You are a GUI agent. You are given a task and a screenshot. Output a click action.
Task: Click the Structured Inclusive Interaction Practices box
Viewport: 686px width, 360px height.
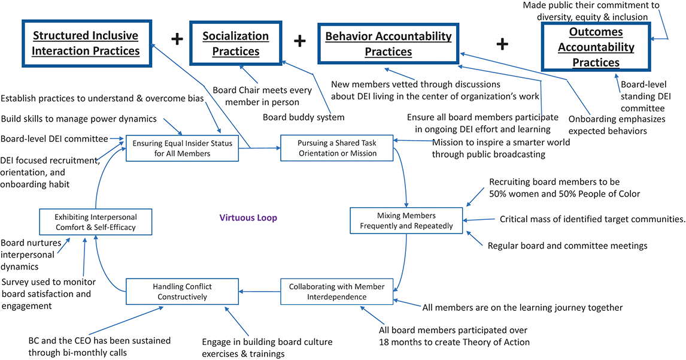coord(85,43)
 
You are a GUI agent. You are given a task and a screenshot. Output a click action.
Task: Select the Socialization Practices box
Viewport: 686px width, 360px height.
coord(235,44)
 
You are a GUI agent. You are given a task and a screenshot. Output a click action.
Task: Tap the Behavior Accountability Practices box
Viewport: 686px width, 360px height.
coord(388,44)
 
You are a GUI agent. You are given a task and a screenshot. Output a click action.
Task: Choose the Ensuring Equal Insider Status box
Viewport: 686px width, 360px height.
coord(183,148)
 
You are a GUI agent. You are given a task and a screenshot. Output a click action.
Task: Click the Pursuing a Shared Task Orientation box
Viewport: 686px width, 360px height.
coord(337,148)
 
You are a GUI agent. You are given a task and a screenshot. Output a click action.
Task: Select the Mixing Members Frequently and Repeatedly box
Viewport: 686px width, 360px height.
coord(407,220)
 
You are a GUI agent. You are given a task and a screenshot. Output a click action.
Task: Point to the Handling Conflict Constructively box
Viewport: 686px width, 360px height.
coord(183,292)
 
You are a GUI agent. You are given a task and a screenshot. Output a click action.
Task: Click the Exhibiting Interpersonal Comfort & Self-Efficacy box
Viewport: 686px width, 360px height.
coord(96,222)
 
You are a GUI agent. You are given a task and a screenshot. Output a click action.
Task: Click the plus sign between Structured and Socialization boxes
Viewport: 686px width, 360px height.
coord(177,40)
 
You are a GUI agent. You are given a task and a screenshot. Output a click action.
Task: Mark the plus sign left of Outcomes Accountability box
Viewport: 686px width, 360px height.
coord(503,43)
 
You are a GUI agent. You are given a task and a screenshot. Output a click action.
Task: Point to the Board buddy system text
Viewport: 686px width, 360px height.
coord(303,117)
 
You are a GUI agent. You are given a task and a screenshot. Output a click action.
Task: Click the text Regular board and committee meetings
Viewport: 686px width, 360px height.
coord(567,245)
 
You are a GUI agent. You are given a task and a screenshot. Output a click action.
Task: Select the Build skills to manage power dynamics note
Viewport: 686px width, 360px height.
coord(78,118)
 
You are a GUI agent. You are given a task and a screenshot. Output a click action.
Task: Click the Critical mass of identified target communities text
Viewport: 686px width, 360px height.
coord(592,219)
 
